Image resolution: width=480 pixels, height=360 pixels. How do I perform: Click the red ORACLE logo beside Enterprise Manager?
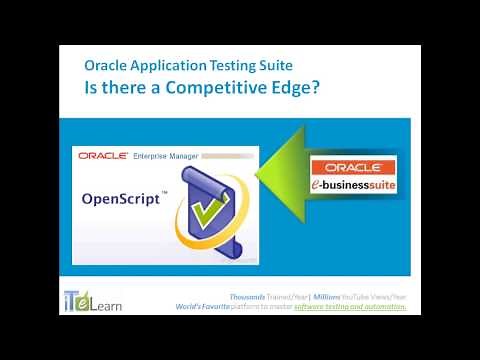point(103,156)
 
